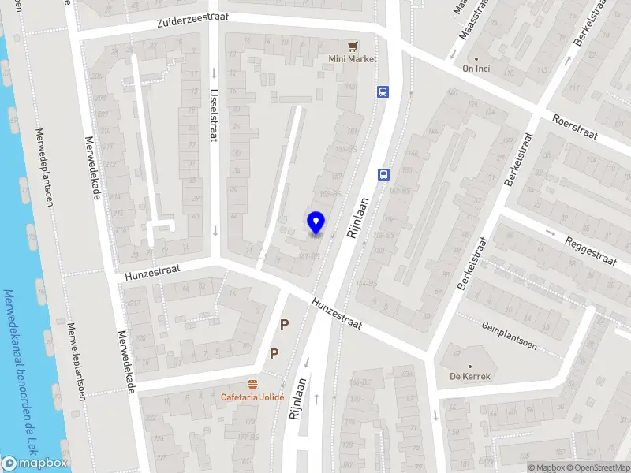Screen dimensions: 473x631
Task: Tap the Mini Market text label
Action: tap(353, 58)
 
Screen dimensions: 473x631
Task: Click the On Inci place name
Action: tap(476, 69)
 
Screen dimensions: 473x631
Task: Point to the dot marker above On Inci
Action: tap(476, 58)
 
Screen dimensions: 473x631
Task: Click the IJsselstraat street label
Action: tap(213, 114)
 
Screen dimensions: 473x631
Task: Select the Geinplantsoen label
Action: tap(509, 335)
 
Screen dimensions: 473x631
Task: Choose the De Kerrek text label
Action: tap(470, 376)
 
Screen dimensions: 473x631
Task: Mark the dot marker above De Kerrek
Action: tap(470, 366)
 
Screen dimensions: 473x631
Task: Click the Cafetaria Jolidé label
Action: tap(252, 397)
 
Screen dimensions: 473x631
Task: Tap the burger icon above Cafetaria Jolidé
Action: tap(253, 384)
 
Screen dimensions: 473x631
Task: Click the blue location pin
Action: tap(315, 223)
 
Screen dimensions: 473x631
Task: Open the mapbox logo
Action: tap(35, 463)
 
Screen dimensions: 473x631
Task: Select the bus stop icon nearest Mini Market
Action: tap(383, 91)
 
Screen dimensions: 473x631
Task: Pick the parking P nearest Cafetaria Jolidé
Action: tap(274, 353)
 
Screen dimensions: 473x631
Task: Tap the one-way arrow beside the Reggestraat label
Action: tap(551, 232)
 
